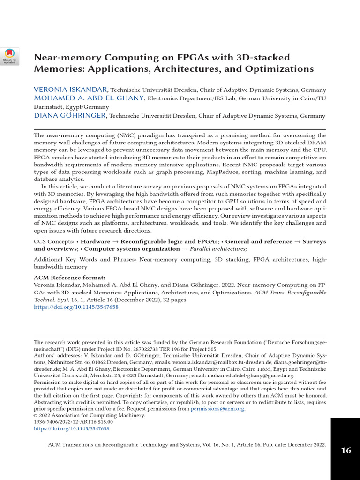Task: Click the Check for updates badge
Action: tap(9, 56)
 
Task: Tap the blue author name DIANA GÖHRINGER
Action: tap(70, 116)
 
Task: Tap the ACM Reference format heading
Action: tap(69, 277)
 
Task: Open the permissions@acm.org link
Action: tap(217, 409)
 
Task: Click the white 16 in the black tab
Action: tap(346, 450)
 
